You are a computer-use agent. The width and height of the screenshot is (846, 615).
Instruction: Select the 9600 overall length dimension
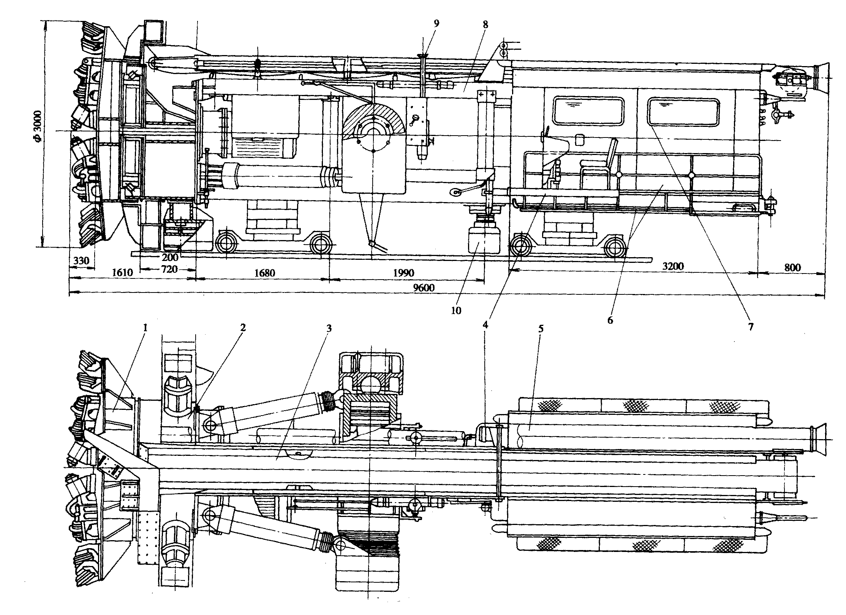click(x=424, y=288)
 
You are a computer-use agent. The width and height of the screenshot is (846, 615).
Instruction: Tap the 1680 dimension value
click(x=264, y=273)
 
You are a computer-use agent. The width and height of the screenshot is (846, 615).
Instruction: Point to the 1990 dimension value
click(x=403, y=273)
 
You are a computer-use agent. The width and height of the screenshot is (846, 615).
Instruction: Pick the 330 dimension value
click(x=81, y=261)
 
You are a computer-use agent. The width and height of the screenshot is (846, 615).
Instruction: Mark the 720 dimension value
click(x=169, y=269)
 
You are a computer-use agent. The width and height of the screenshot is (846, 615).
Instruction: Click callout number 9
click(x=436, y=24)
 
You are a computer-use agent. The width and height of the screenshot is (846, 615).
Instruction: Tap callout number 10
click(x=456, y=310)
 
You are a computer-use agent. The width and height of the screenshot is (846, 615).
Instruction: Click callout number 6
click(x=610, y=320)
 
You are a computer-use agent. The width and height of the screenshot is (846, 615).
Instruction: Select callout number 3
click(x=329, y=327)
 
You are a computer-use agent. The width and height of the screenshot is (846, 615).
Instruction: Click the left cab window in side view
click(x=588, y=111)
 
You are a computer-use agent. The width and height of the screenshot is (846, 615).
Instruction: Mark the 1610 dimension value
click(x=122, y=273)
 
